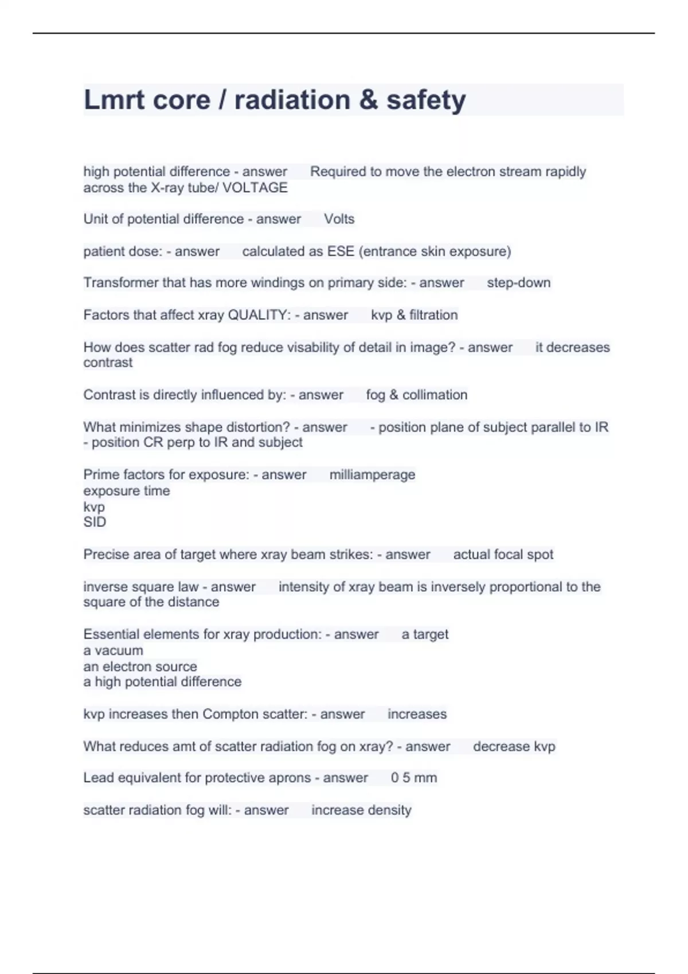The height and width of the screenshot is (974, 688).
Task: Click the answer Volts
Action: [x=339, y=219]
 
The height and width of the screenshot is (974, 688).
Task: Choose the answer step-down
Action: [x=518, y=282]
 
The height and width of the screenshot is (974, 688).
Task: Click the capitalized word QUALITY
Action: [x=259, y=315]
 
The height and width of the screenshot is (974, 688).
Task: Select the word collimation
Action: [x=435, y=395]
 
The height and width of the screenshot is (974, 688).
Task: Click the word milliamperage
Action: [x=372, y=474]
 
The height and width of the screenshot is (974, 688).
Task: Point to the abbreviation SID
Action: [x=95, y=522]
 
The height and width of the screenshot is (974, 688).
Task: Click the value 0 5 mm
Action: [x=413, y=777]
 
